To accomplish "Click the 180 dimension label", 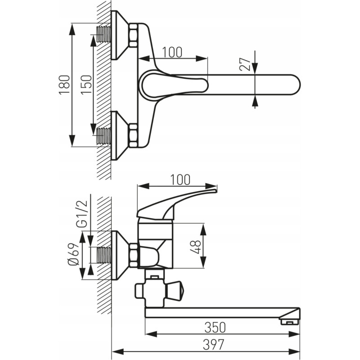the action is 64,85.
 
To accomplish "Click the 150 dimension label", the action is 86,85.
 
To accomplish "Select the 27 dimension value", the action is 245,64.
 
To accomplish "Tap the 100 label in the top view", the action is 172,52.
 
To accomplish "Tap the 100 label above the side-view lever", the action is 180,180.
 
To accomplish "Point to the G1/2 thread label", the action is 82,214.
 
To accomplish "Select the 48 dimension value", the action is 196,247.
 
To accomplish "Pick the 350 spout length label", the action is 215,328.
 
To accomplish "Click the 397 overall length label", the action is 213,345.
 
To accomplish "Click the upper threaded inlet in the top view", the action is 104,34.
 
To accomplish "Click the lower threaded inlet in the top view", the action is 104,136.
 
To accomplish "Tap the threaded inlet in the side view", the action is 104,255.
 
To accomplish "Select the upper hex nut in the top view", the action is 133,35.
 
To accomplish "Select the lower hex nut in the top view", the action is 133,135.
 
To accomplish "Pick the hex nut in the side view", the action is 133,255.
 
